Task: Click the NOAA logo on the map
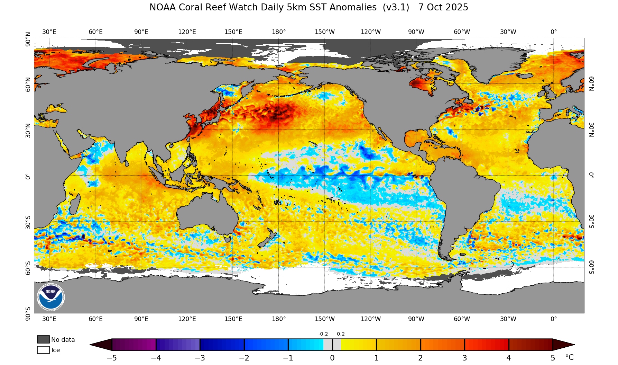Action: coord(51,297)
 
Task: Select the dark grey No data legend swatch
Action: coord(43,339)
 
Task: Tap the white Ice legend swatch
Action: coord(43,350)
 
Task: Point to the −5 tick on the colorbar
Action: coord(112,358)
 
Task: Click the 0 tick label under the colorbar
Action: coord(332,358)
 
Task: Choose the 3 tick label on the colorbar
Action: coord(464,358)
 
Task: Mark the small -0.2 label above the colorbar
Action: coord(323,334)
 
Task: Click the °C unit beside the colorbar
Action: coord(569,357)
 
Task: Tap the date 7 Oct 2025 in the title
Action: coord(443,7)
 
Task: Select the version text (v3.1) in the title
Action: coord(396,7)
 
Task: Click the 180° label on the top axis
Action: coord(279,32)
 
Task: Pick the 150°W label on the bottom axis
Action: coord(324,319)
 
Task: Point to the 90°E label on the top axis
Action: coord(141,32)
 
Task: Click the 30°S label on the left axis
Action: coord(28,222)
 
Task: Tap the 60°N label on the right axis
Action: coord(591,83)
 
